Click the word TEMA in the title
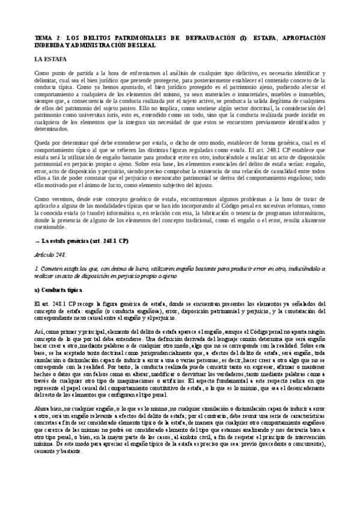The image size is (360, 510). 44,37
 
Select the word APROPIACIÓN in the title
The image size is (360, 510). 301,37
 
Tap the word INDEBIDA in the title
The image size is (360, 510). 51,45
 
